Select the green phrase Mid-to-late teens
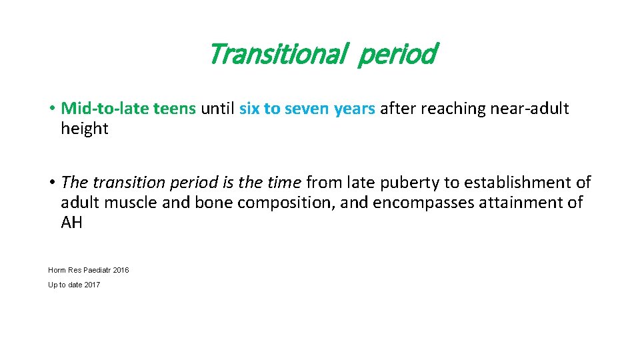click(x=129, y=109)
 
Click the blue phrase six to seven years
click(x=307, y=109)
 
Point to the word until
click(x=217, y=109)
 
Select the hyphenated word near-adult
click(x=530, y=109)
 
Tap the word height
click(x=84, y=129)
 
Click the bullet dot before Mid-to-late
click(x=51, y=109)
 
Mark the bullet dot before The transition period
click(x=51, y=183)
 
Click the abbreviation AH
click(x=72, y=222)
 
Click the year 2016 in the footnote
click(x=121, y=270)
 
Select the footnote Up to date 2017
click(x=74, y=285)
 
